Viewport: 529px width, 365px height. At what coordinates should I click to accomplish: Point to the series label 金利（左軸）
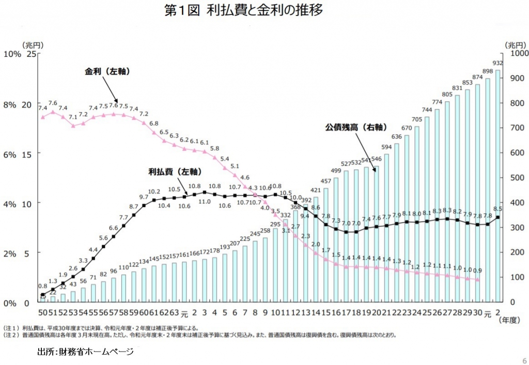(107, 71)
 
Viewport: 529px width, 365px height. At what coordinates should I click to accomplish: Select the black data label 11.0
(205, 202)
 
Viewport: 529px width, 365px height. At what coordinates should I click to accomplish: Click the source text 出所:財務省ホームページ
(85, 352)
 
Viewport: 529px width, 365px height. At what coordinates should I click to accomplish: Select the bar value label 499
(336, 171)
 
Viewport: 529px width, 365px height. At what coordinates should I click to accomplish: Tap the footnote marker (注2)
(11, 335)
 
